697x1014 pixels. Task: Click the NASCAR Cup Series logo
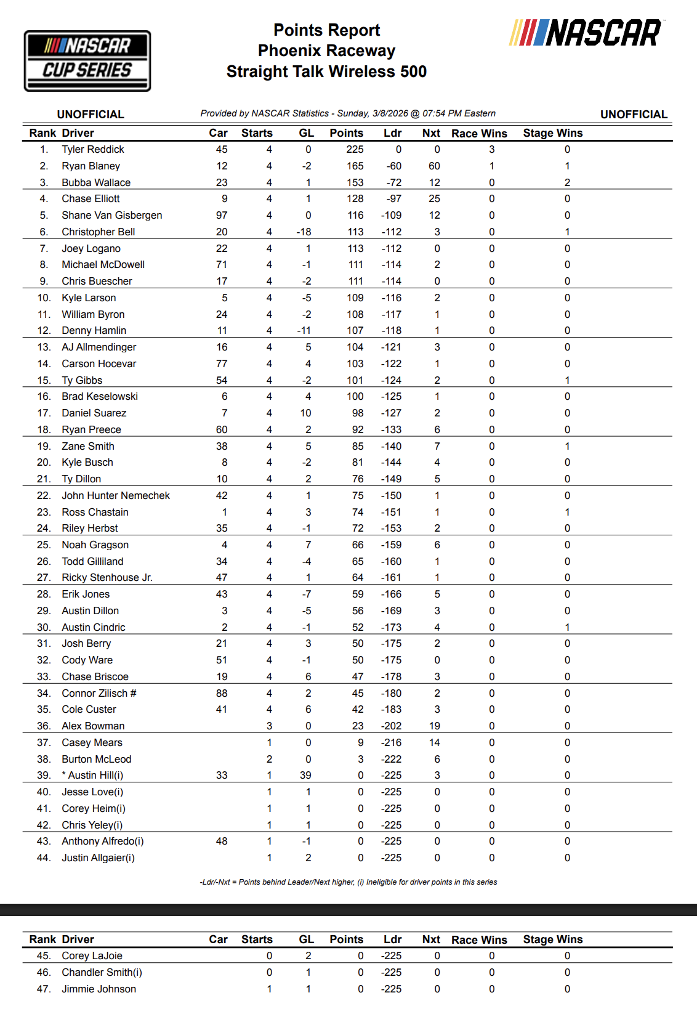(87, 61)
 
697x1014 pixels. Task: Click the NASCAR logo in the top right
(586, 33)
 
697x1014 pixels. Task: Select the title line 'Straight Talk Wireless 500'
(326, 72)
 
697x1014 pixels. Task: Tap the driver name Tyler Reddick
(92, 150)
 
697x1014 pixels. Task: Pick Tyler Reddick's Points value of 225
(355, 150)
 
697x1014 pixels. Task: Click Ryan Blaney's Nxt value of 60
(434, 166)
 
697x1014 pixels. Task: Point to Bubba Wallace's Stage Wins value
(567, 183)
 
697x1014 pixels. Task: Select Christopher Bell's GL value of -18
(304, 232)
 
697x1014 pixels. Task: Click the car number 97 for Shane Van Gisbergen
(222, 216)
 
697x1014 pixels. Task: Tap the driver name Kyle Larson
(89, 298)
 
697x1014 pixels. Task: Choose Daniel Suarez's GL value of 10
(305, 413)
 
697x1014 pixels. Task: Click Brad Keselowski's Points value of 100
(355, 397)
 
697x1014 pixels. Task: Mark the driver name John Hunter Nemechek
(116, 496)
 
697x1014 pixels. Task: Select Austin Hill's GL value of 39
(305, 776)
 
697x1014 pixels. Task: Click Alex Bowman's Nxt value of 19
(434, 726)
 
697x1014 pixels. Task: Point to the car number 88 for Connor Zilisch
(222, 694)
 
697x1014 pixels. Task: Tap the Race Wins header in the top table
(479, 134)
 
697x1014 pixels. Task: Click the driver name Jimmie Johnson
(99, 989)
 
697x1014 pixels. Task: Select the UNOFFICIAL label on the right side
(634, 115)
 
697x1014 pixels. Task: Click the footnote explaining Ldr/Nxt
(348, 882)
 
